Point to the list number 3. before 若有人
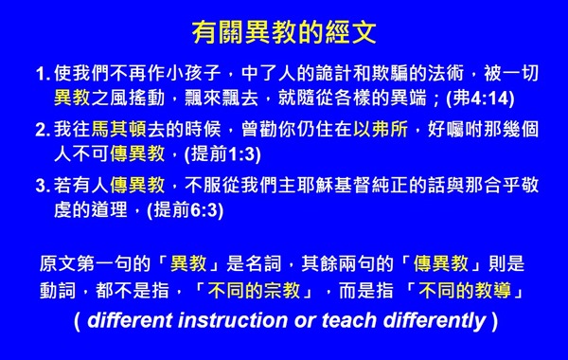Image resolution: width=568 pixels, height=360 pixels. click(41, 184)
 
